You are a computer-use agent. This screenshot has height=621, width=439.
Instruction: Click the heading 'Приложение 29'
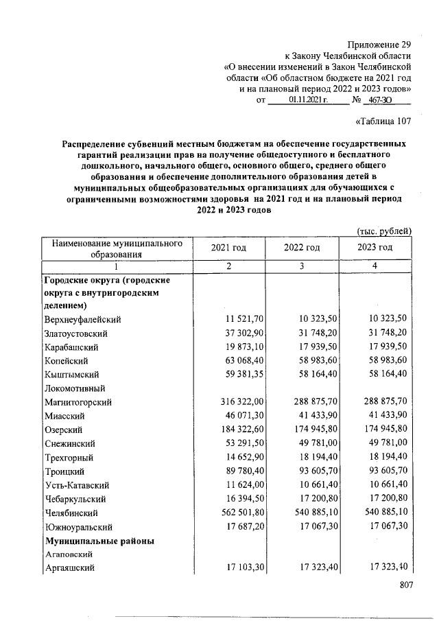click(380, 43)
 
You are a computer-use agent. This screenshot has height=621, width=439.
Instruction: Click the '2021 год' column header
click(228, 248)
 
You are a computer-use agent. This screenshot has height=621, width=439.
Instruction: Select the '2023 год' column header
click(375, 248)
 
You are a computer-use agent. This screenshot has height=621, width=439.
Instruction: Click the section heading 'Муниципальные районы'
click(99, 540)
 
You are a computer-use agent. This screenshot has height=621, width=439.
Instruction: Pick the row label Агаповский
click(69, 554)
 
